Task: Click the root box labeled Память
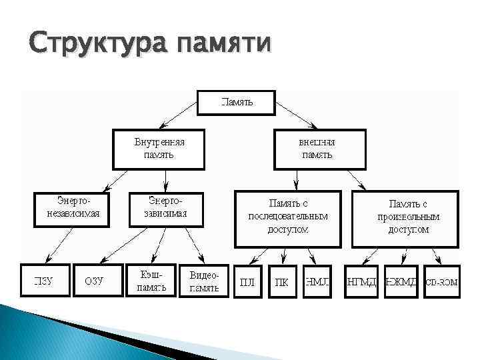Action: [x=237, y=102]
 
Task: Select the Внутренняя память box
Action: [x=159, y=149]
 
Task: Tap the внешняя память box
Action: [x=320, y=149]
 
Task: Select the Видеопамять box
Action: [x=203, y=281]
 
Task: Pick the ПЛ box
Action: [x=247, y=281]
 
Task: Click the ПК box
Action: [x=282, y=281]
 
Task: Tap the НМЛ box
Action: [x=317, y=281]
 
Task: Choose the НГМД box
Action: [x=361, y=281]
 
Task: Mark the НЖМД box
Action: [x=401, y=281]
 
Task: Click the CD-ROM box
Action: [x=441, y=281]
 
